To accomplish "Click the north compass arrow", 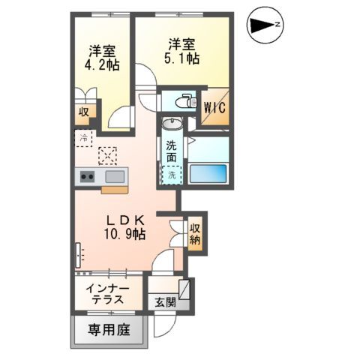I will tap(265, 25).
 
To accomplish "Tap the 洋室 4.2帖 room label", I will tap(100, 58).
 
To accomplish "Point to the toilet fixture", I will tap(179, 101).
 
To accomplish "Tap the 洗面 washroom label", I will tap(172, 151).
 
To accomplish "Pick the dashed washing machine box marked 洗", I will tap(172, 175).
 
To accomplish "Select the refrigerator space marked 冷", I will tap(84, 138).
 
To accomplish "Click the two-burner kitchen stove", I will tap(87, 177).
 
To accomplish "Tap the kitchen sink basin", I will tap(115, 177).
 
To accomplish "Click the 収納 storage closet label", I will tap(195, 234).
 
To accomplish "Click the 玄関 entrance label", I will tap(165, 303).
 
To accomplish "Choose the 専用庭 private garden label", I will tap(108, 329).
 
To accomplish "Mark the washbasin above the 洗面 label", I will tap(172, 124).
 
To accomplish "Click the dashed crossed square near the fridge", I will tap(109, 155).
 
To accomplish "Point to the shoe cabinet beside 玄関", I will tap(184, 289).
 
